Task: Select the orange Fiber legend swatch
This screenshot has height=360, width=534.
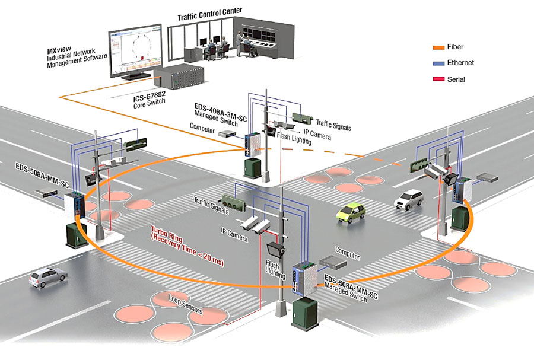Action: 440,47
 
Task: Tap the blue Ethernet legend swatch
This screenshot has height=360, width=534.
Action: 440,63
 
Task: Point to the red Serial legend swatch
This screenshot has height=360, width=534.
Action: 440,79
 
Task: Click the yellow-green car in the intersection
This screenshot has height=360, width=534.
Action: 351,212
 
